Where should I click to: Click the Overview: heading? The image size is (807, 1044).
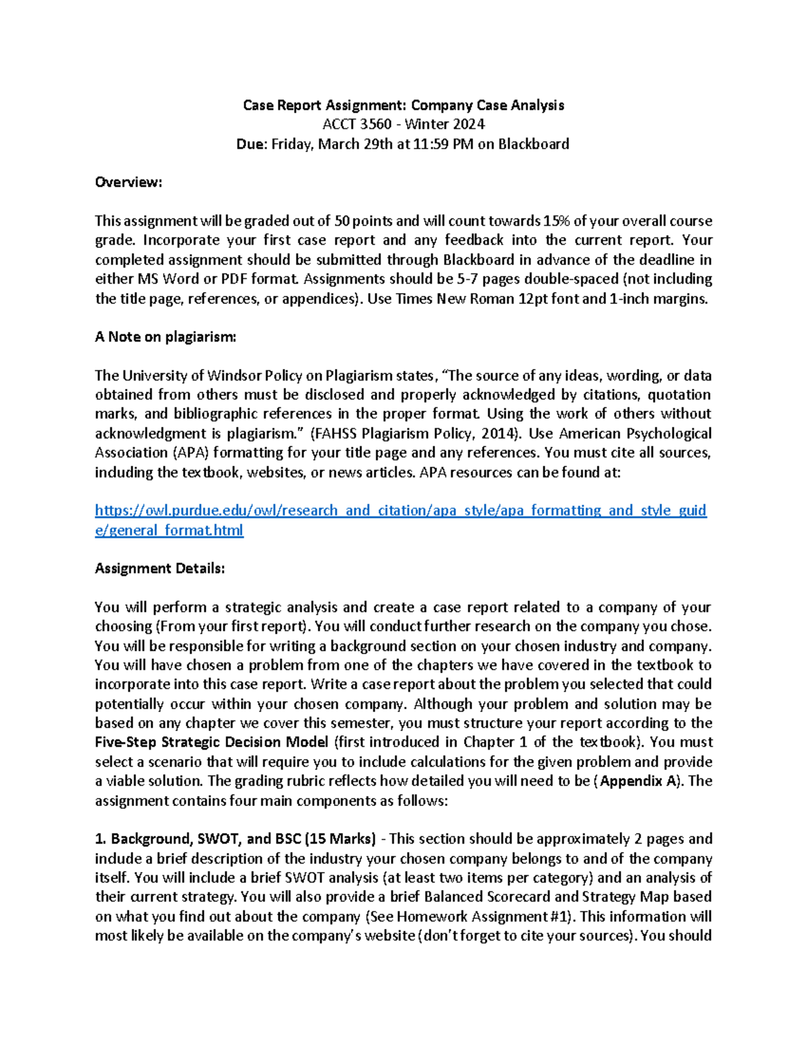click(x=128, y=182)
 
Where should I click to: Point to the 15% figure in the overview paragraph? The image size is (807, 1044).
click(x=556, y=221)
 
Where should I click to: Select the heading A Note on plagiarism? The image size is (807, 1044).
click(x=165, y=337)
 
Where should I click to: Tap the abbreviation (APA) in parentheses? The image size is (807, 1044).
click(x=182, y=453)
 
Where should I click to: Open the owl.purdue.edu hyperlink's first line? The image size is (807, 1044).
click(x=400, y=511)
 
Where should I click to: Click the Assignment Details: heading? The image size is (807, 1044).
click(x=160, y=569)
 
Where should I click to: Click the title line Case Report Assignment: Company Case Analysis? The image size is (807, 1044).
click(x=403, y=106)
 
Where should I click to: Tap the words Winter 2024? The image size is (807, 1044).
click(x=445, y=124)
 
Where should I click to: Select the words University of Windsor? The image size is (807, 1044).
click(x=190, y=376)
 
